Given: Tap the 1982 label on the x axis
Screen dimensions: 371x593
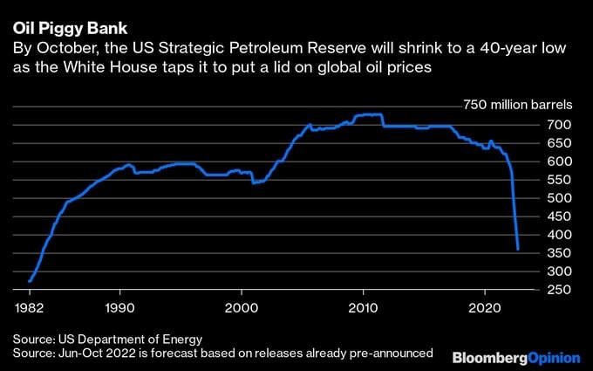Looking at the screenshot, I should pyautogui.click(x=30, y=308).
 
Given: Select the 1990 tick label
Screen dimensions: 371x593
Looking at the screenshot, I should pyautogui.click(x=119, y=308).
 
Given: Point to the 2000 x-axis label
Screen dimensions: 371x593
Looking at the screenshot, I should pyautogui.click(x=242, y=308).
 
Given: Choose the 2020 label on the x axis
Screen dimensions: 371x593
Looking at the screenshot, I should pyautogui.click(x=482, y=308).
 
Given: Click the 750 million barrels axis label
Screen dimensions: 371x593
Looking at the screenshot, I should pyautogui.click(x=515, y=105).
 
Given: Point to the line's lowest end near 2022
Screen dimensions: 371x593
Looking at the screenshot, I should pyautogui.click(x=519, y=250).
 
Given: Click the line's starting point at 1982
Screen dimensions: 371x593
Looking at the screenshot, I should pyautogui.click(x=30, y=281).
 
